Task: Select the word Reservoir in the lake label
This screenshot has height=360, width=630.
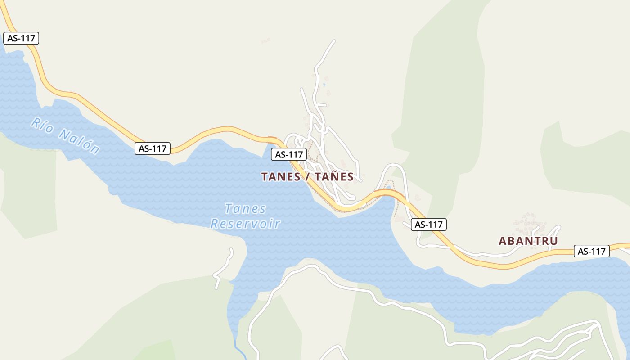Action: point(245,224)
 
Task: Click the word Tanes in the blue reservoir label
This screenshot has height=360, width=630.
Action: point(245,209)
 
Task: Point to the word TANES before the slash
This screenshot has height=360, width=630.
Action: point(281,177)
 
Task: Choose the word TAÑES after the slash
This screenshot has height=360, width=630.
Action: point(334,177)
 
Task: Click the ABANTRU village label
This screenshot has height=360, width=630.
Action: point(528,241)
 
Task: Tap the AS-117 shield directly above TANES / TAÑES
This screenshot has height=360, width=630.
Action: point(289,154)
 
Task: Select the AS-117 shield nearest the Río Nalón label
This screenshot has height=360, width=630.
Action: point(152,148)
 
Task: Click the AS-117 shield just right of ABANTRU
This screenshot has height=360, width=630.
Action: point(591,251)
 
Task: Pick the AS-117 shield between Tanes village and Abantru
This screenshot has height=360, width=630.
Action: point(429,224)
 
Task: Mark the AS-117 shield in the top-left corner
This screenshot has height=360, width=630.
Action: point(21,38)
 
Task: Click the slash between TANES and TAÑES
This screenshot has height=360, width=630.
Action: point(307,177)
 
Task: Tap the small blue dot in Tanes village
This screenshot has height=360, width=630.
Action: point(324,84)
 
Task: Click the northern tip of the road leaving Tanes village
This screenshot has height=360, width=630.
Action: point(334,41)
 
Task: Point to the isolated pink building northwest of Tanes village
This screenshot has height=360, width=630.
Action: point(265,41)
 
